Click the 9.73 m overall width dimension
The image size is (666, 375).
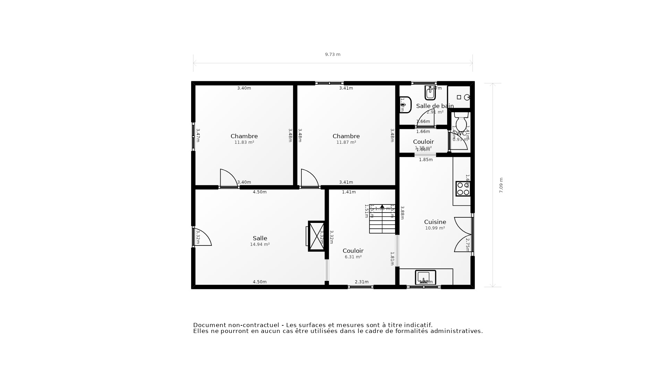pos(332,55)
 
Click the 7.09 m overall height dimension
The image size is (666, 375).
pos(501,185)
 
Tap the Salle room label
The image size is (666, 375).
pos(260,238)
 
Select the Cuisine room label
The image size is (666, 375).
pos(435,222)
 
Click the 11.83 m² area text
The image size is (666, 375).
pos(244,142)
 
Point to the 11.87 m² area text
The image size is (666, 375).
pos(346,142)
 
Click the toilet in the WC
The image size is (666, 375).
pos(461,122)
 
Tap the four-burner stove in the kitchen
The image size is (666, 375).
pos(463,189)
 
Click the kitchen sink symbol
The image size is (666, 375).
pos(425,277)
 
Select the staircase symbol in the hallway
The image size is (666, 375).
pos(382,219)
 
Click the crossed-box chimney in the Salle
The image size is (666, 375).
pos(316,236)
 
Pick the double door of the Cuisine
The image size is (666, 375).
pos(463,235)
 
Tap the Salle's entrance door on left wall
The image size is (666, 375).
pos(202,237)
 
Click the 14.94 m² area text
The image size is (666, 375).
pos(260,244)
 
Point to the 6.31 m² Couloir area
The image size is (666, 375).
pos(353,257)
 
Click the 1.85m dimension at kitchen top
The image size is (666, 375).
pos(426,160)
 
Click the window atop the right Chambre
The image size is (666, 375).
pos(329,83)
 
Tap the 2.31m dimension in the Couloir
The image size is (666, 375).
pos(361,282)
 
